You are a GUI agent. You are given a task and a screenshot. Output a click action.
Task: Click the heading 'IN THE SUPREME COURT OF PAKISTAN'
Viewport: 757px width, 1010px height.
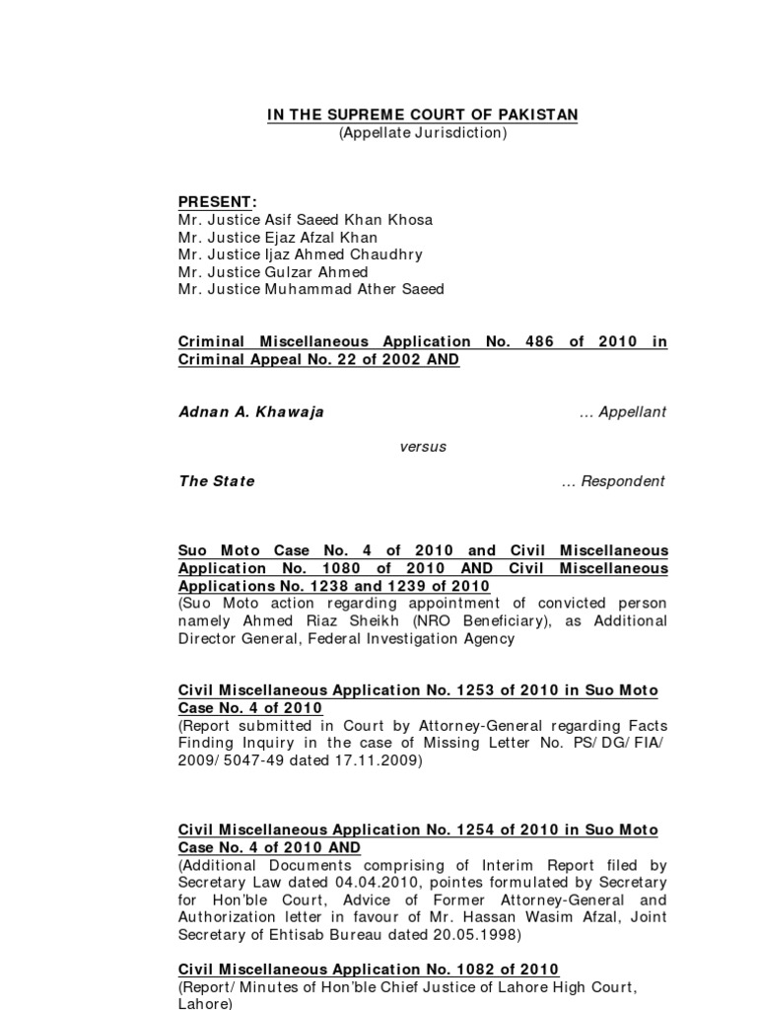423,115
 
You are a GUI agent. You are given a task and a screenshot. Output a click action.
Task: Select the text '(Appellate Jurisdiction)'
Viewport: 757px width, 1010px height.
423,132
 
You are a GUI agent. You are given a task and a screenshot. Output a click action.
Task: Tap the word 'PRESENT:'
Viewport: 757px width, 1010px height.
218,202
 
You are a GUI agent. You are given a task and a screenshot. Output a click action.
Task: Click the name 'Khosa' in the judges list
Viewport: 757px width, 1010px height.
409,219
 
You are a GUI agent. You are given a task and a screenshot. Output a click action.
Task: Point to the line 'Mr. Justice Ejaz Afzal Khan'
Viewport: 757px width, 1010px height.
278,237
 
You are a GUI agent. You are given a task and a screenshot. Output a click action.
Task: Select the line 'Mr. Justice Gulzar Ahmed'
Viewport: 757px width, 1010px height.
273,272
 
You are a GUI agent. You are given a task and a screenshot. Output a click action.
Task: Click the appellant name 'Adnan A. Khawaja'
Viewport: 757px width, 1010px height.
251,412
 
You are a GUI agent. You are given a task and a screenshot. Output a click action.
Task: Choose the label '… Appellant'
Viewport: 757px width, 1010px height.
623,412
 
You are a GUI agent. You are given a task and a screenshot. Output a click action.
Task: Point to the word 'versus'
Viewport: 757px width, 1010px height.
423,447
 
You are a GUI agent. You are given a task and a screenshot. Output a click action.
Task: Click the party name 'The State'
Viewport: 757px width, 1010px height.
217,481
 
